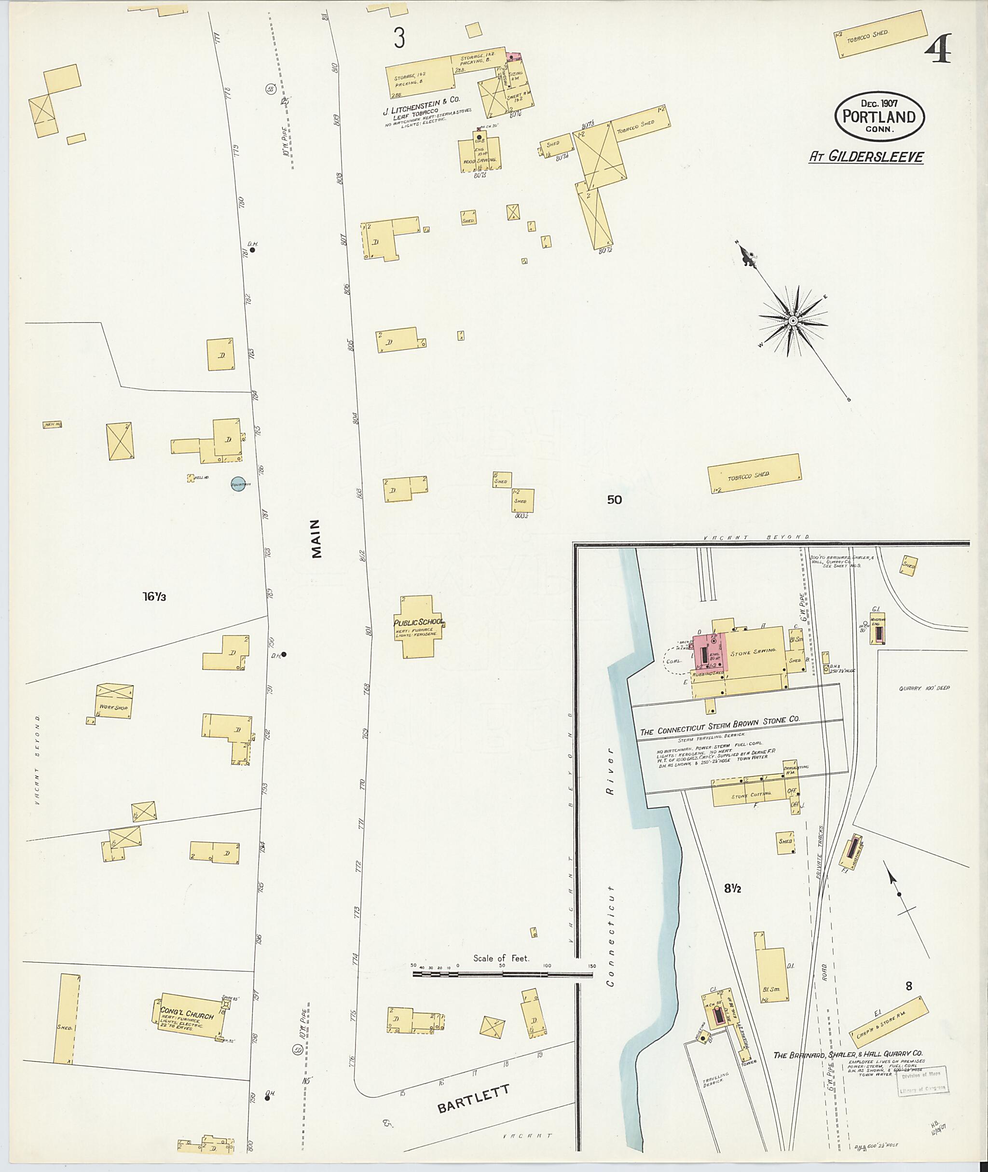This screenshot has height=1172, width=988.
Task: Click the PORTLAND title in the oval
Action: tap(879, 117)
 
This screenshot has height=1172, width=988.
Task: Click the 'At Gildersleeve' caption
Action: tap(866, 157)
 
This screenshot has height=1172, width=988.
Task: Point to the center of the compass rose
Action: tap(793, 320)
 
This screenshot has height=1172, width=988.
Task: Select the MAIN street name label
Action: tap(316, 538)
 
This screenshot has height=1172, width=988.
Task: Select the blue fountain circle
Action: tap(238, 484)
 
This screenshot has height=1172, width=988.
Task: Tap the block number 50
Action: tap(615, 500)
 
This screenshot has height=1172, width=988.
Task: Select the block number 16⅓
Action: tap(154, 597)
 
